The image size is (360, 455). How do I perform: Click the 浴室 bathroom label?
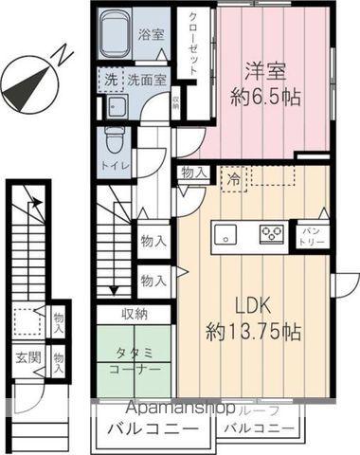150,35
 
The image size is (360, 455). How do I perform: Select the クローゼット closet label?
193,45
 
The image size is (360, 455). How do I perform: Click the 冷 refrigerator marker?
232,176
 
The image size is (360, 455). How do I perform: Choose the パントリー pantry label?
313,231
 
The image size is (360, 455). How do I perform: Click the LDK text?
253,307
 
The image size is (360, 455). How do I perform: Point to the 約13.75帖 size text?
253,333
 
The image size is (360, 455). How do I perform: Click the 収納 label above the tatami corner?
134,314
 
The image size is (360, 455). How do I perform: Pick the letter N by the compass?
59,55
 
